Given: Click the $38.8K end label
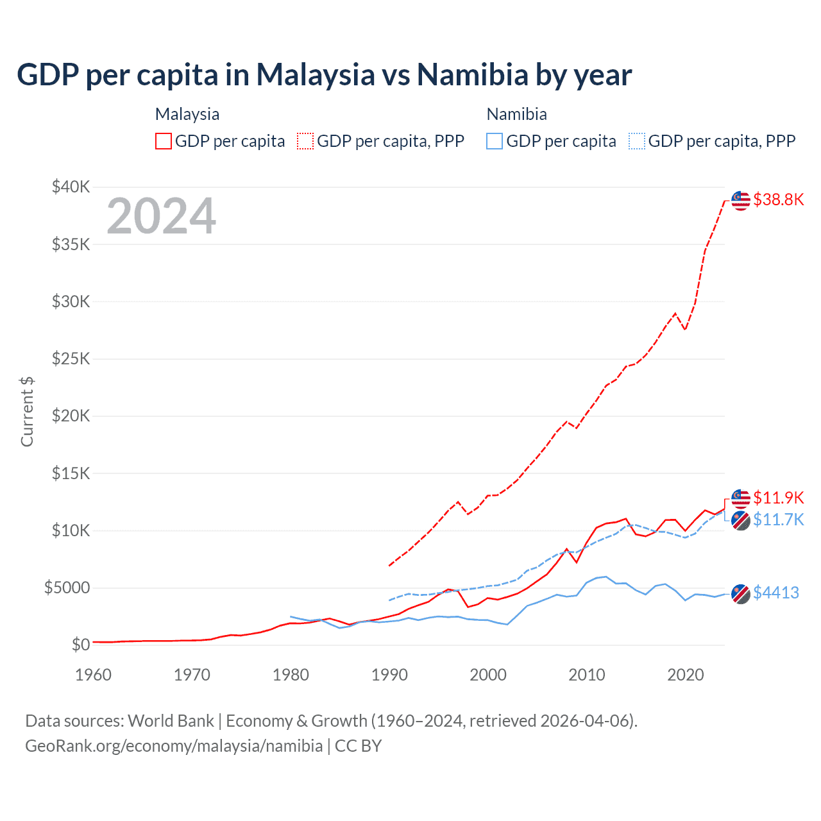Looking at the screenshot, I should [778, 199].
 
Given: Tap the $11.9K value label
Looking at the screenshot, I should [778, 498].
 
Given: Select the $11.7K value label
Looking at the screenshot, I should [778, 520].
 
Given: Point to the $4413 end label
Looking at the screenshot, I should [776, 593].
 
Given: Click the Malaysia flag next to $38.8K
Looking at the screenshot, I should [741, 200].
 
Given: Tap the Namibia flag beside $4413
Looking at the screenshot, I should [741, 594].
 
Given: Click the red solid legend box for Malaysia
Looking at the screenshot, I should [164, 141].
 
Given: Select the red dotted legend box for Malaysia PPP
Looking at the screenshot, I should [305, 141].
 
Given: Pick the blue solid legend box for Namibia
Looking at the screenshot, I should [495, 141].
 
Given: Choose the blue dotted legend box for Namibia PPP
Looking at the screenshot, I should [636, 141].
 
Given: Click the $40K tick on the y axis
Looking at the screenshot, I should [71, 187].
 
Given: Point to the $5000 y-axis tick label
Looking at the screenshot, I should [67, 588].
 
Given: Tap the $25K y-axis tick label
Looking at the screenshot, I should [71, 359].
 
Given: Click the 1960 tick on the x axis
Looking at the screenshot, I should [94, 675].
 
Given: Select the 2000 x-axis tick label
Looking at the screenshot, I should [488, 675].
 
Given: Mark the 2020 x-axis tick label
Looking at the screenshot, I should [686, 675].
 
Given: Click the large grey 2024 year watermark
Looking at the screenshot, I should [161, 216].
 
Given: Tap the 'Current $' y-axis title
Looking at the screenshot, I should [27, 411].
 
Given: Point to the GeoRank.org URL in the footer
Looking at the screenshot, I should [174, 746].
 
